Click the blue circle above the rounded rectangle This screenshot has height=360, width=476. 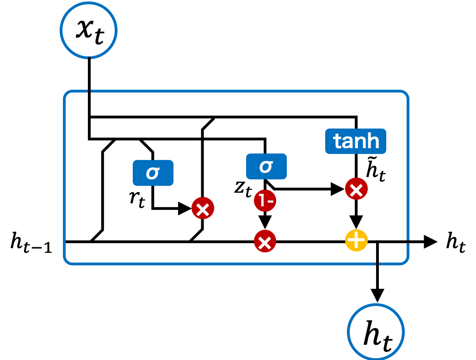click(88, 30)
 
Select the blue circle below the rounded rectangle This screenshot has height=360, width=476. click(376, 332)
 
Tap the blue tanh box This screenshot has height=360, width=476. click(355, 141)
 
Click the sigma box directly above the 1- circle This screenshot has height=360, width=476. click(266, 166)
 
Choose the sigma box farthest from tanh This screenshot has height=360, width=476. click(153, 173)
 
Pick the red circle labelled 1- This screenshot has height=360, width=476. click(265, 201)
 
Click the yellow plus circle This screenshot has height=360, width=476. click(356, 240)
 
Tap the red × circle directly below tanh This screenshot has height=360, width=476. click(356, 189)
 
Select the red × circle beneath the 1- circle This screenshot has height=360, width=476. click(265, 242)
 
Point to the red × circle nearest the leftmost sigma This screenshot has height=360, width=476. click(203, 208)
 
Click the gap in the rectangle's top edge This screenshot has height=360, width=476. click(89, 92)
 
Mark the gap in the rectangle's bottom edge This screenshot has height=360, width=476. click(377, 264)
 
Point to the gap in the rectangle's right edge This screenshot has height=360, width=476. click(408, 241)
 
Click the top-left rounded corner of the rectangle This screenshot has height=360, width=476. click(66, 94)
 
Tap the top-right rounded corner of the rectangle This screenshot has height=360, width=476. click(405, 94)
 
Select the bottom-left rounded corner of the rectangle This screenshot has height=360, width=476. click(66, 261)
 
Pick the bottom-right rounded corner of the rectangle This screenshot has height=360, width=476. click(405, 261)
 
